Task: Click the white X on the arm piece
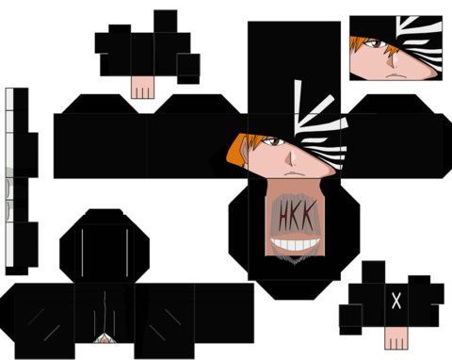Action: pyautogui.click(x=396, y=301)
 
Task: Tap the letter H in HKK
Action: pyautogui.click(x=284, y=216)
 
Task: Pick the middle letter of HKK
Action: pyautogui.click(x=296, y=216)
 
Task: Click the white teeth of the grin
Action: pyautogui.click(x=296, y=244)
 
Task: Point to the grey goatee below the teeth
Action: pyautogui.click(x=294, y=257)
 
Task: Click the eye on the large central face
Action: pyautogui.click(x=274, y=141)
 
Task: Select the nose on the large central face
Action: pyautogui.click(x=291, y=160)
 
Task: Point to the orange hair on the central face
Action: pyautogui.click(x=241, y=150)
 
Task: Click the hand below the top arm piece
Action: pyautogui.click(x=142, y=88)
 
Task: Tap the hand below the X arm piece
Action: pyautogui.click(x=396, y=338)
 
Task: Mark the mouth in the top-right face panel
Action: pyautogui.click(x=395, y=75)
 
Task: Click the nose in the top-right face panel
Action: pyautogui.click(x=392, y=62)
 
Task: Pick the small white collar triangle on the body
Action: pyautogui.click(x=105, y=338)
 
